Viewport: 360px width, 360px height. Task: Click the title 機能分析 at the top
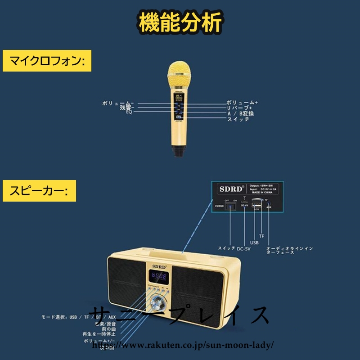(180, 22)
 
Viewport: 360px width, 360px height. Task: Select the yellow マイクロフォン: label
(47, 60)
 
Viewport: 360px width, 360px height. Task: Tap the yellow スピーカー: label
(39, 190)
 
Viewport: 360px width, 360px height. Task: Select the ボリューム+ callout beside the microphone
(242, 103)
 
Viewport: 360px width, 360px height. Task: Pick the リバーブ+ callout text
(242, 108)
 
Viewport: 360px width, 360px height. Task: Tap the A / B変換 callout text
(240, 113)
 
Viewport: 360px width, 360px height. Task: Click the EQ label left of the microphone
(129, 112)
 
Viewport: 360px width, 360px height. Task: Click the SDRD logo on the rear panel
(230, 189)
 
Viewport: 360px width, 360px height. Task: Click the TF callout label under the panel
(261, 236)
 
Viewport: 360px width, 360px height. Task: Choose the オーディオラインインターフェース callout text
(289, 250)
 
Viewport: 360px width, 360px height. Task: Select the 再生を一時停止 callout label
(99, 334)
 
